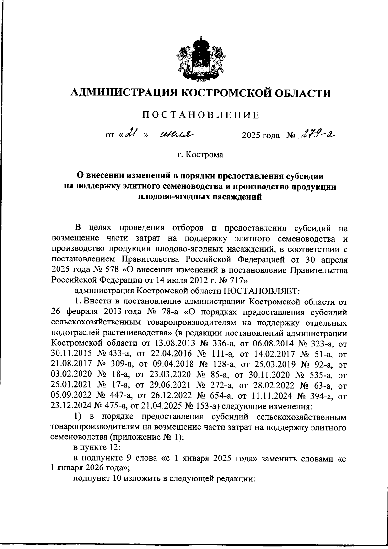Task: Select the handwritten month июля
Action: point(176,134)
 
